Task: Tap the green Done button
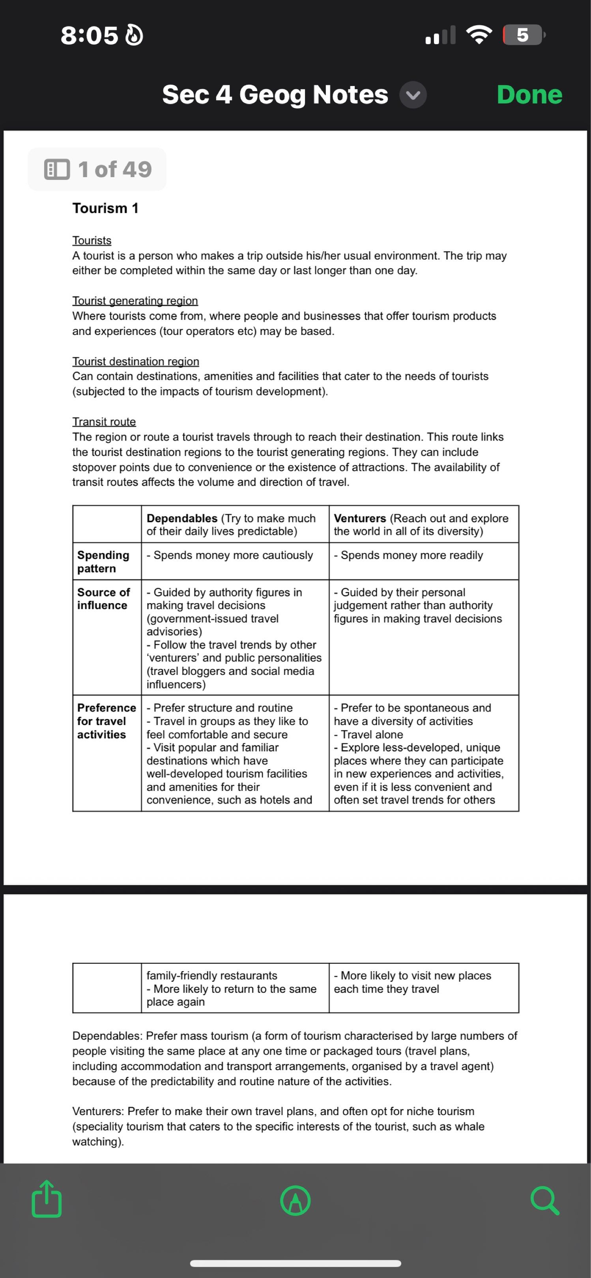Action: [529, 94]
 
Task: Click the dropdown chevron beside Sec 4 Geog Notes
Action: [413, 95]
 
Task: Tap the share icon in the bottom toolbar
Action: [47, 1199]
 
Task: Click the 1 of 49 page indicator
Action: [97, 169]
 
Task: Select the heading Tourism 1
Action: [105, 208]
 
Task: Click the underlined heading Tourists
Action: [92, 240]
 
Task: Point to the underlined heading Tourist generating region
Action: [135, 301]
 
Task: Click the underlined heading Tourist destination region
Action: [135, 361]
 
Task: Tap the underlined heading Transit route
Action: [104, 422]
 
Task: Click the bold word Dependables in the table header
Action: [181, 518]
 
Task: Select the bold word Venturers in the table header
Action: [360, 518]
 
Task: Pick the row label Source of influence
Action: [103, 598]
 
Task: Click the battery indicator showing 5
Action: [522, 35]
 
